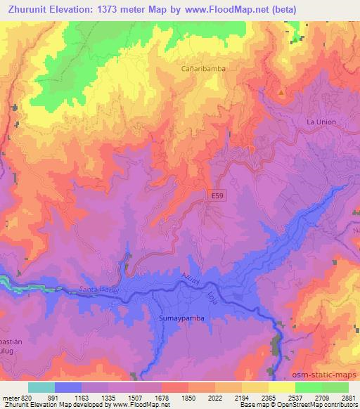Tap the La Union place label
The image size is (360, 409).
(321, 122)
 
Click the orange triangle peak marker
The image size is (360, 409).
(282, 93)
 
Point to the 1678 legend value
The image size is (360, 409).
(162, 397)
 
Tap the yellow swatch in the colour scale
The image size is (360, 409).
(281, 387)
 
